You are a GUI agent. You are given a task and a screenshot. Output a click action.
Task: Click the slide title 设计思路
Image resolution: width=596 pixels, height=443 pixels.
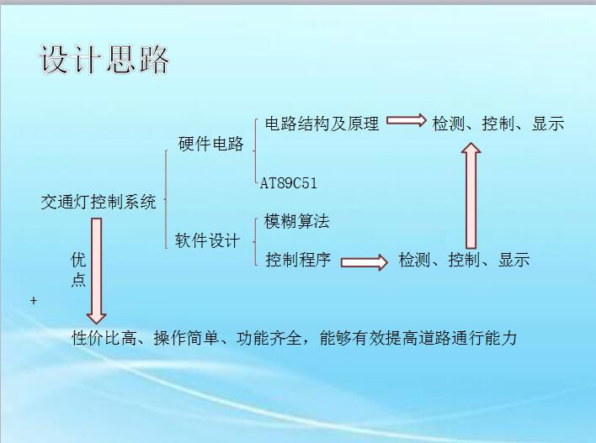click(104, 59)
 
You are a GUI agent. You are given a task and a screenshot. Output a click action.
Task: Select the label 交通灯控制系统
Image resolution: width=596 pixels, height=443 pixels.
click(98, 202)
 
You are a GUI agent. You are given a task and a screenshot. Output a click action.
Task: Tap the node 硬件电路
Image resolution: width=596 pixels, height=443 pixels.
click(210, 144)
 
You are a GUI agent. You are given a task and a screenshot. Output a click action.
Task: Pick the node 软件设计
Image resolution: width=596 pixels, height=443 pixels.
click(207, 240)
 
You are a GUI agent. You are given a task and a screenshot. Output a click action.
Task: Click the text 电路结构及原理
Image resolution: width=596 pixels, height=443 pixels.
click(322, 124)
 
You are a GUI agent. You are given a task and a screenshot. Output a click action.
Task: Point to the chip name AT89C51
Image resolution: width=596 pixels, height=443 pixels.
click(289, 183)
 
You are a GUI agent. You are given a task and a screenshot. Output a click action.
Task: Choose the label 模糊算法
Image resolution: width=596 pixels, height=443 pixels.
click(296, 221)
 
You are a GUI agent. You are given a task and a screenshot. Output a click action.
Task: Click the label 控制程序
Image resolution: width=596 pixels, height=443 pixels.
click(298, 260)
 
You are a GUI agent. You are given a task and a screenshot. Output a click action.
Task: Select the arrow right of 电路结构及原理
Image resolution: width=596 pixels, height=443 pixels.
click(407, 120)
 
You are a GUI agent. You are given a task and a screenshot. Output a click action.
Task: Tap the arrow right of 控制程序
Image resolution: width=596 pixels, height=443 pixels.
click(365, 262)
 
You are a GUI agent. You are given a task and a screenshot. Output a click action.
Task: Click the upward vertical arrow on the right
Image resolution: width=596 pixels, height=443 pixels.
click(471, 196)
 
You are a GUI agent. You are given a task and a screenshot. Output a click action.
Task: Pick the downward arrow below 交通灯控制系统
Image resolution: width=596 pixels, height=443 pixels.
click(97, 271)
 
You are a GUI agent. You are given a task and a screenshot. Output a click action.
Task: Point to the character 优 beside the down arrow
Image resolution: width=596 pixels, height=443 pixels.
click(78, 260)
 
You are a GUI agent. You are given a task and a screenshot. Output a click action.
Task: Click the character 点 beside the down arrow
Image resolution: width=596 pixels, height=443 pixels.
click(78, 279)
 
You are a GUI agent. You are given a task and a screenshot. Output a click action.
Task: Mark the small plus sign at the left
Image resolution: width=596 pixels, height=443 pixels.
click(34, 301)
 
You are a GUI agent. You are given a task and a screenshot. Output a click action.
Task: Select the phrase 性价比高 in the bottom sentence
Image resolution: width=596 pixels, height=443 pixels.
click(104, 338)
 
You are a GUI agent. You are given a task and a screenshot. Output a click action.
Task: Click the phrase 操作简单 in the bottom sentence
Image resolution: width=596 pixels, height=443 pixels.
click(186, 338)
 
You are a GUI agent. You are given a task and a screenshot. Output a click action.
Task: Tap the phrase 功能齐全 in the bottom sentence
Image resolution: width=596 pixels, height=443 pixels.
click(269, 338)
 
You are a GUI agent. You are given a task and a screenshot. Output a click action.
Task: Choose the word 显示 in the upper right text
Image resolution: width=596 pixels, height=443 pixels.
click(548, 124)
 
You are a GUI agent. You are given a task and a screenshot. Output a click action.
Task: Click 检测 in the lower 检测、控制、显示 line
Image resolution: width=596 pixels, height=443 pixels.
click(415, 260)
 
